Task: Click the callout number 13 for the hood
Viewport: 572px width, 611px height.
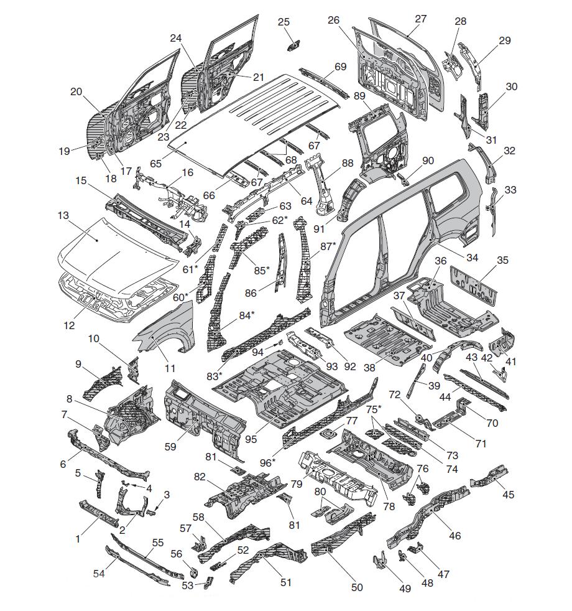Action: pyautogui.click(x=63, y=215)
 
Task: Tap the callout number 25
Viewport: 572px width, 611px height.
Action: pyautogui.click(x=284, y=22)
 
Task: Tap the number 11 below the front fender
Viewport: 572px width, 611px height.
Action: pyautogui.click(x=170, y=368)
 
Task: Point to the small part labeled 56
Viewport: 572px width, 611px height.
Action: pyautogui.click(x=193, y=571)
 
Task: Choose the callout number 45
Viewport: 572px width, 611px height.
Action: pyautogui.click(x=509, y=495)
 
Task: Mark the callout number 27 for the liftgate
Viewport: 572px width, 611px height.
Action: pyautogui.click(x=421, y=19)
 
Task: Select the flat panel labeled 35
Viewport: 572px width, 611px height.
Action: pyautogui.click(x=476, y=282)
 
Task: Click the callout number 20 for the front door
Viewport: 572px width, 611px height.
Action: pyautogui.click(x=76, y=91)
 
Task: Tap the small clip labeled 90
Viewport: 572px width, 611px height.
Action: pyautogui.click(x=404, y=179)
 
